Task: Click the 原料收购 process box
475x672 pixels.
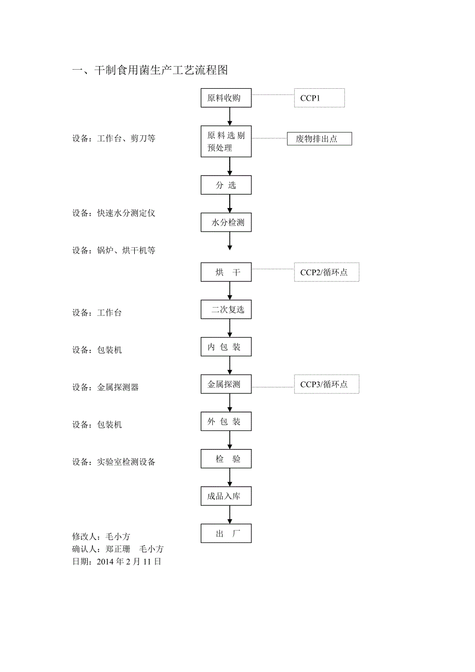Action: (226, 98)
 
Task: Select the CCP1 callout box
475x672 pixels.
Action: (319, 98)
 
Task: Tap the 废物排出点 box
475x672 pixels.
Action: (319, 139)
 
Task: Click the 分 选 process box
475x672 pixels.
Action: (226, 185)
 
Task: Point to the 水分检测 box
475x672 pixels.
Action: (226, 223)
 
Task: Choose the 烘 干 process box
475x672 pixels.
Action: (226, 272)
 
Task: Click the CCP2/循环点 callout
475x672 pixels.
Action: (326, 272)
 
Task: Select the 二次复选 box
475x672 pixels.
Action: (226, 310)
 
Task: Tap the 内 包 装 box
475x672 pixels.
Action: (226, 347)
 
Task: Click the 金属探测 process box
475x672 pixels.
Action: (226, 385)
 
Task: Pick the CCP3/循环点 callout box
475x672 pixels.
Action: (326, 385)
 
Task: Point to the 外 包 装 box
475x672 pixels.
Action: (226, 422)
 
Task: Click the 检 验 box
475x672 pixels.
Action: (226, 459)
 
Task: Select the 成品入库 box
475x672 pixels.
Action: (226, 497)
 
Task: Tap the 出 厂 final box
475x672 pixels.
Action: (226, 534)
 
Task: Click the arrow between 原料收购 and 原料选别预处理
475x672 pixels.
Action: (230, 117)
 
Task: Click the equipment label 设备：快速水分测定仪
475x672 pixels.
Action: (114, 213)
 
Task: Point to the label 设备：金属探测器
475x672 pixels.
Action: (105, 387)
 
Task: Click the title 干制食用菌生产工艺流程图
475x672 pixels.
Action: (150, 70)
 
